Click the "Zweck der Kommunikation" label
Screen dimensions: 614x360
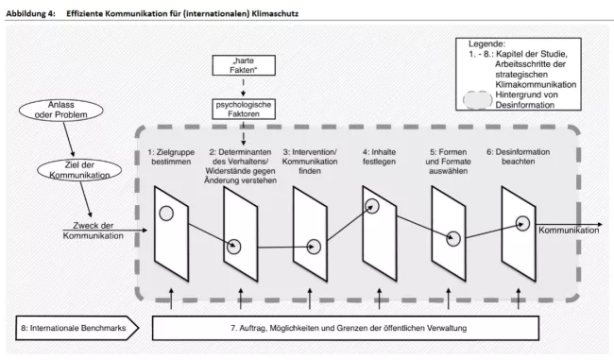(94, 231)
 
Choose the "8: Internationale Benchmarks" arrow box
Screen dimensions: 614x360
(77, 328)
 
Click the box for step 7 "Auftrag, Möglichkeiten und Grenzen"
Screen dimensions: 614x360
(346, 328)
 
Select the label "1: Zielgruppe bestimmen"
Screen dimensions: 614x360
(171, 157)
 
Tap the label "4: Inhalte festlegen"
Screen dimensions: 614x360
(379, 157)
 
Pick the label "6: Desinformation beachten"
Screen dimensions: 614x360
(518, 157)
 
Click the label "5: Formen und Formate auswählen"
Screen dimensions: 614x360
(449, 162)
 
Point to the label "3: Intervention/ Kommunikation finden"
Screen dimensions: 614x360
(310, 162)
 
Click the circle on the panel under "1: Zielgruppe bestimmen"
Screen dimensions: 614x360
(166, 207)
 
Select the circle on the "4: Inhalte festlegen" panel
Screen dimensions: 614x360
(371, 199)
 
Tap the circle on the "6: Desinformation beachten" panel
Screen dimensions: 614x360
(522, 216)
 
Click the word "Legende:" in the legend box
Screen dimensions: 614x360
(487, 43)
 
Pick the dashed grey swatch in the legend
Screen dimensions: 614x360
(478, 93)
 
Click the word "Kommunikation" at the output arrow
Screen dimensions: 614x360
(569, 231)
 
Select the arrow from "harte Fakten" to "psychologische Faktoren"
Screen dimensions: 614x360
(244, 87)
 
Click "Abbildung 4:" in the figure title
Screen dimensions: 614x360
(30, 14)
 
